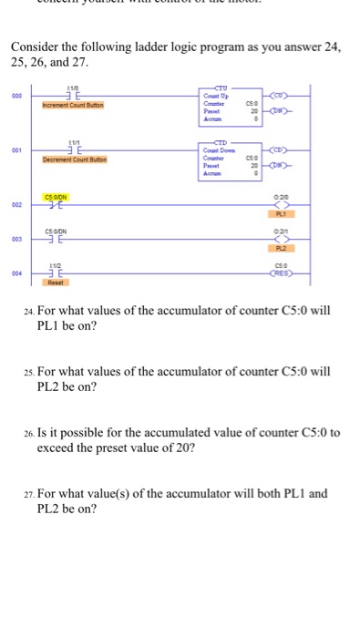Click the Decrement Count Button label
click(x=74, y=159)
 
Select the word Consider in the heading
click(x=39, y=46)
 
